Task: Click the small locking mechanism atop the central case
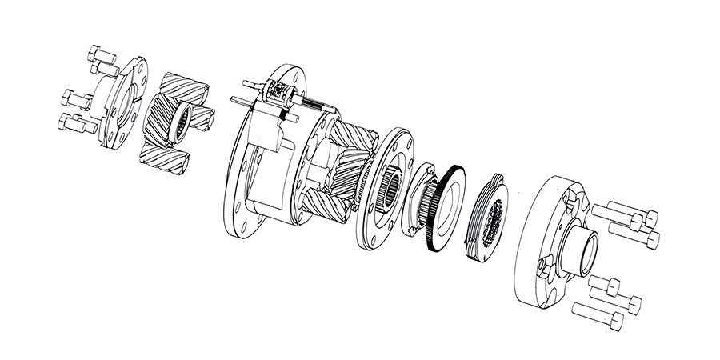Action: pyautogui.click(x=279, y=93)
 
